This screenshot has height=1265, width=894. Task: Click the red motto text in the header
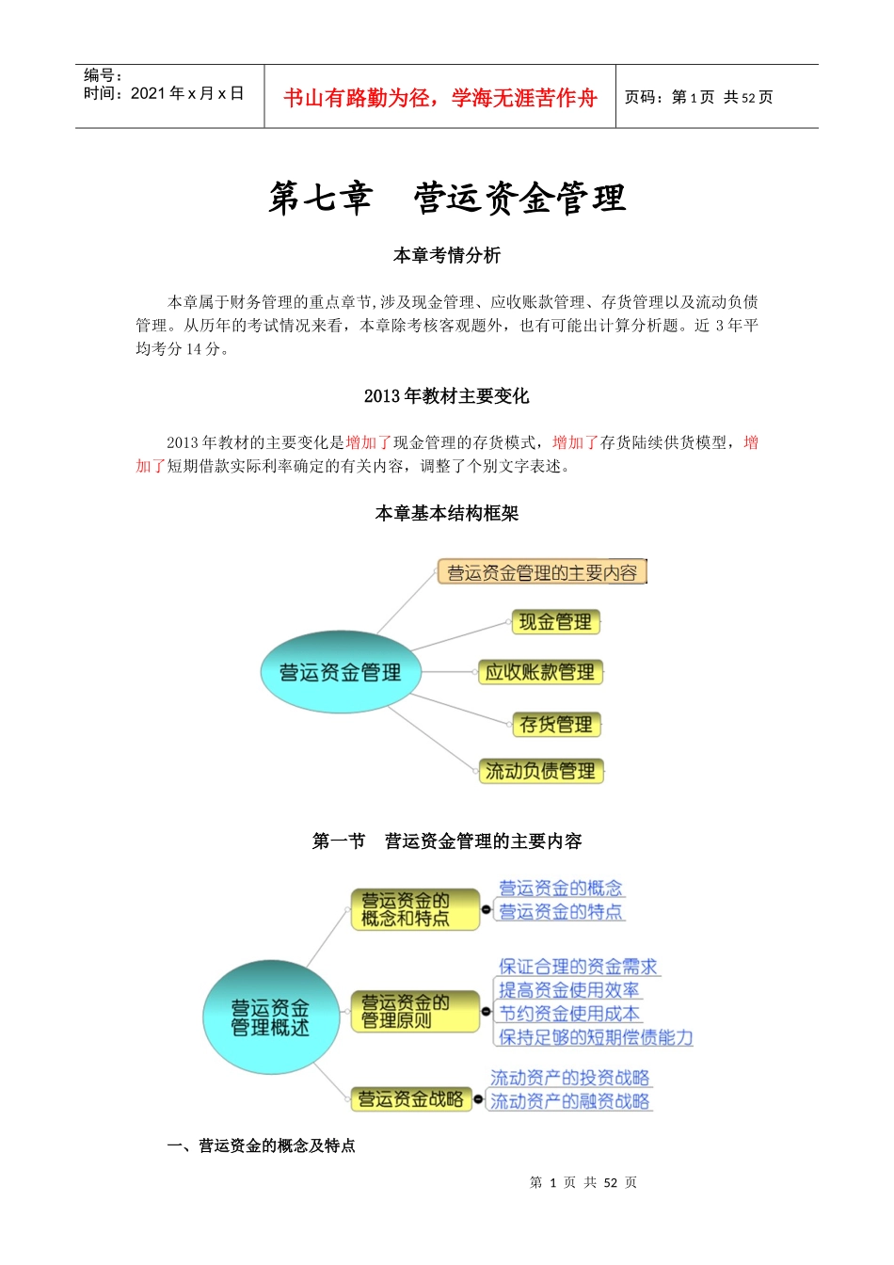[439, 98]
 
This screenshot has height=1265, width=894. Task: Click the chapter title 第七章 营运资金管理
[447, 198]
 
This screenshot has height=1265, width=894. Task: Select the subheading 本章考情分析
[447, 255]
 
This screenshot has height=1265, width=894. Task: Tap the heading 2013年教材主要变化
[447, 396]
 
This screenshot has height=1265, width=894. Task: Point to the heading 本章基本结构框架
[447, 513]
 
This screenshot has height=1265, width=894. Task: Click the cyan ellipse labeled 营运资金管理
[340, 672]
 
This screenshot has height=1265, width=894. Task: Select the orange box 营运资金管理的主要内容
[542, 572]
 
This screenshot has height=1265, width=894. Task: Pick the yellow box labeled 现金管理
[555, 622]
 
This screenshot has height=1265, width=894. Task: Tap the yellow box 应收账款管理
[540, 672]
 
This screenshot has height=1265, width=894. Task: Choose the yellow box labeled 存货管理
[556, 725]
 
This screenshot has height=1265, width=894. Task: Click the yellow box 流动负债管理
[540, 772]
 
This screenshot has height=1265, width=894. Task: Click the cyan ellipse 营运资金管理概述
[270, 1018]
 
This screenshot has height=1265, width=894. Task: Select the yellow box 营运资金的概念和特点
[414, 909]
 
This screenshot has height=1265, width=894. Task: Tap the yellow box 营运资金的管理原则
[414, 1012]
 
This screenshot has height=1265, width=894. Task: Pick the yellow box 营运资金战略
[410, 1099]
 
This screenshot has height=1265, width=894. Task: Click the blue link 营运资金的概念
[561, 888]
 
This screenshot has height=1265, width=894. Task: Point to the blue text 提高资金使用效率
[568, 990]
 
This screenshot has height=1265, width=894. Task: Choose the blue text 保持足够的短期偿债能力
[596, 1037]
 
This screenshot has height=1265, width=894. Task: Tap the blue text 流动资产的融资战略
[570, 1101]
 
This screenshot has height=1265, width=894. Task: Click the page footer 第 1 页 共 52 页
[583, 1183]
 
